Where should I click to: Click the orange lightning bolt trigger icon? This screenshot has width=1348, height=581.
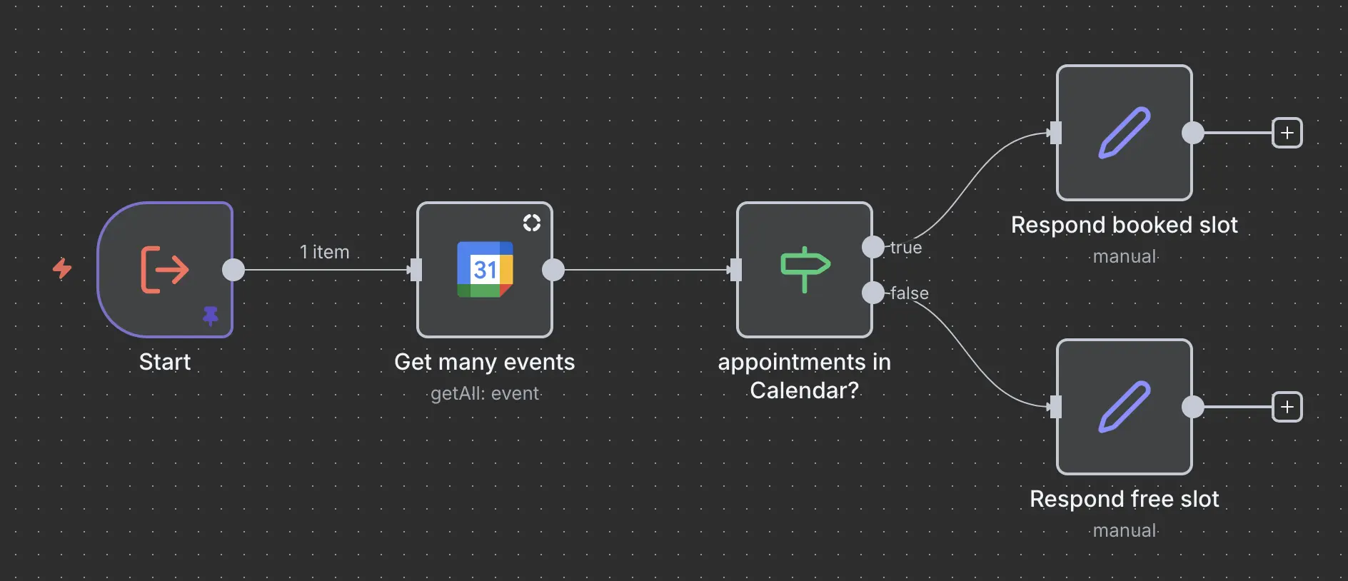point(63,268)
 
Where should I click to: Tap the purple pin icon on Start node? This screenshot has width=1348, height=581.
point(210,315)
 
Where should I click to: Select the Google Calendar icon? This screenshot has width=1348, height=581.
point(485,269)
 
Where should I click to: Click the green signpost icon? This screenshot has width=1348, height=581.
point(805,269)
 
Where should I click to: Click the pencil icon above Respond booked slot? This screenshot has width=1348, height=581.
point(1124,132)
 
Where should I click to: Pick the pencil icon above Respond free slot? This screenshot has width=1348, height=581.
point(1124,406)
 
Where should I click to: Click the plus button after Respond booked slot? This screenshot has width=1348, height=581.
point(1287,133)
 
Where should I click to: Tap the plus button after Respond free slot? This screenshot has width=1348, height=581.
point(1287,407)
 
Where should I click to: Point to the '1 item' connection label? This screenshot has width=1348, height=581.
point(324,252)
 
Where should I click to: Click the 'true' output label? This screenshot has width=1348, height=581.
point(906,248)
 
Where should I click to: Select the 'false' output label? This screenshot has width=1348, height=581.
point(909,293)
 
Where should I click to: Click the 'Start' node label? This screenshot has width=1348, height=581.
point(165,362)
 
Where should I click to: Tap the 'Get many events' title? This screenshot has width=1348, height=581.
point(484,362)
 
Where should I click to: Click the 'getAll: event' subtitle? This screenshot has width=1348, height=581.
point(485,393)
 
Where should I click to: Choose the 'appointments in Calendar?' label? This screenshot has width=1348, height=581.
point(804,376)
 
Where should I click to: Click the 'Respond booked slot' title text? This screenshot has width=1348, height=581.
point(1124,225)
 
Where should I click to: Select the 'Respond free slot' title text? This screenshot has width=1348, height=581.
point(1124,499)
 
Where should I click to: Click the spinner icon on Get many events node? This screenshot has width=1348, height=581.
point(532,223)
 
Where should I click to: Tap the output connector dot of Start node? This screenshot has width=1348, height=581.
point(233,270)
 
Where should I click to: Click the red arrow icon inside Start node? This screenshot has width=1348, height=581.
point(165,269)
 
